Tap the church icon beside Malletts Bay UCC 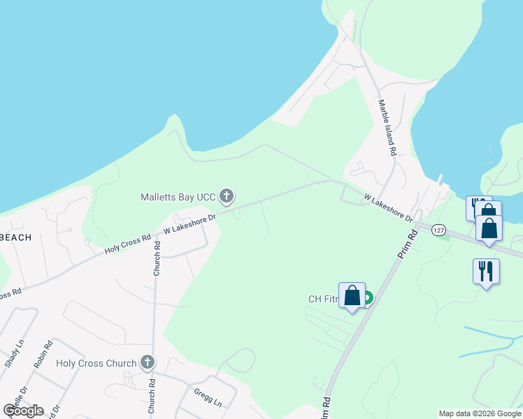226,196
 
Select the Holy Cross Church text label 96,363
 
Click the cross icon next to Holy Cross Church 147,362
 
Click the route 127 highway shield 438,230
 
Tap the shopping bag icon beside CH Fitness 352,295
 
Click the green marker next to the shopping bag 367,298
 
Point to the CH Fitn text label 323,300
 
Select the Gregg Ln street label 208,397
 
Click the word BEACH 15,237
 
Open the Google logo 23,411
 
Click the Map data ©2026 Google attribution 480,413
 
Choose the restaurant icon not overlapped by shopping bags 486,271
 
